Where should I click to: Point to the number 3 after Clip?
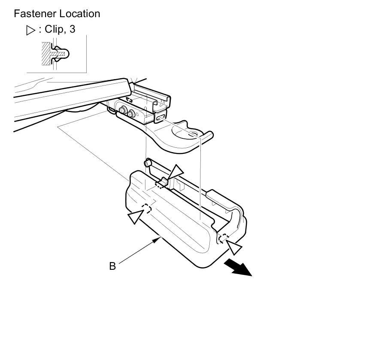pos(72,29)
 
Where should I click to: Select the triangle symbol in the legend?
pos(30,30)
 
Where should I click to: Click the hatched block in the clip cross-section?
pos(46,54)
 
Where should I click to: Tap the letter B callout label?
pos(112,266)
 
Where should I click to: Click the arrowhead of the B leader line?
pos(158,239)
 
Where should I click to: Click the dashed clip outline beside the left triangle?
pos(147,209)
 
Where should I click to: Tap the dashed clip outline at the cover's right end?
pos(223,238)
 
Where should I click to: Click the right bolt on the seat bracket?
pos(131,114)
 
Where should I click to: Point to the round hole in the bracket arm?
pos(191,135)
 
